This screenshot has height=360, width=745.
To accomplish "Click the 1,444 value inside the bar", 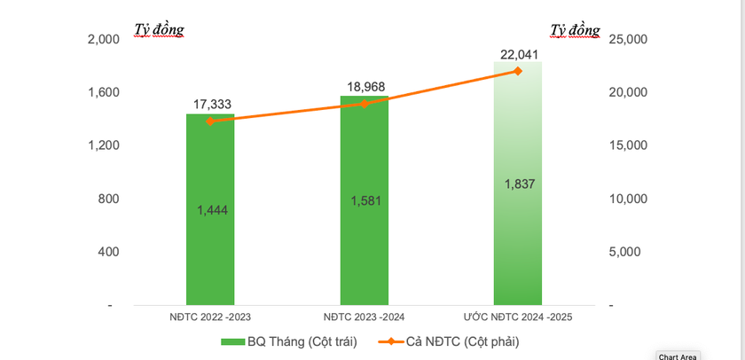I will pyautogui.click(x=210, y=210).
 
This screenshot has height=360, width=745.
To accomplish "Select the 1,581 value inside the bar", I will pyautogui.click(x=364, y=201).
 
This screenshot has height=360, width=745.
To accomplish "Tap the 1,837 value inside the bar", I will pyautogui.click(x=518, y=184).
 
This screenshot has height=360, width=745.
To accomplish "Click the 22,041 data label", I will pyautogui.click(x=519, y=55).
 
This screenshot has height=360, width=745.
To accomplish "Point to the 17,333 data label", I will pyautogui.click(x=213, y=105).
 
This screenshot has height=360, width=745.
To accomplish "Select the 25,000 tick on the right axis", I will pyautogui.click(x=630, y=40).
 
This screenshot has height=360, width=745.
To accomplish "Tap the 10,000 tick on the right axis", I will pyautogui.click(x=630, y=199).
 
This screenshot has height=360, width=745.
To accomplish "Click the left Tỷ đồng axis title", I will pyautogui.click(x=159, y=29).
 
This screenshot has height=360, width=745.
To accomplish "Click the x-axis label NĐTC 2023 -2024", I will pyautogui.click(x=364, y=316).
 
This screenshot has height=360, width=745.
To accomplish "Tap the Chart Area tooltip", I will pyautogui.click(x=677, y=356).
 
